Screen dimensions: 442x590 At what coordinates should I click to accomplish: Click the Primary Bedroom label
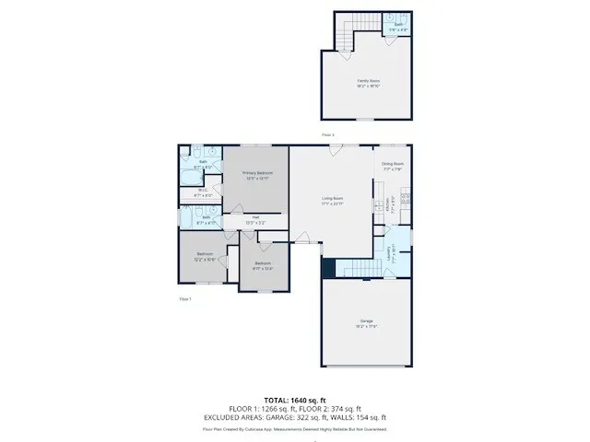pyautogui.click(x=257, y=173)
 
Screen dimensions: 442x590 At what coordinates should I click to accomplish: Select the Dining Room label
pyautogui.click(x=393, y=164)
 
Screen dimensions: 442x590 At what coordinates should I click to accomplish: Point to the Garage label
pyautogui.click(x=366, y=323)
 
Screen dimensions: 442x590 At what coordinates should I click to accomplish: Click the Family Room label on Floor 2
pyautogui.click(x=370, y=81)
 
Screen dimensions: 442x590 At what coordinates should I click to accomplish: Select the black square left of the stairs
pyautogui.click(x=327, y=268)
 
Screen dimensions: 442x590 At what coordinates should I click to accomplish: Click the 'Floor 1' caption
pyautogui.click(x=185, y=298)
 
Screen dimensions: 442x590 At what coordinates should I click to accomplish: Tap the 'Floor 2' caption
pyautogui.click(x=327, y=134)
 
